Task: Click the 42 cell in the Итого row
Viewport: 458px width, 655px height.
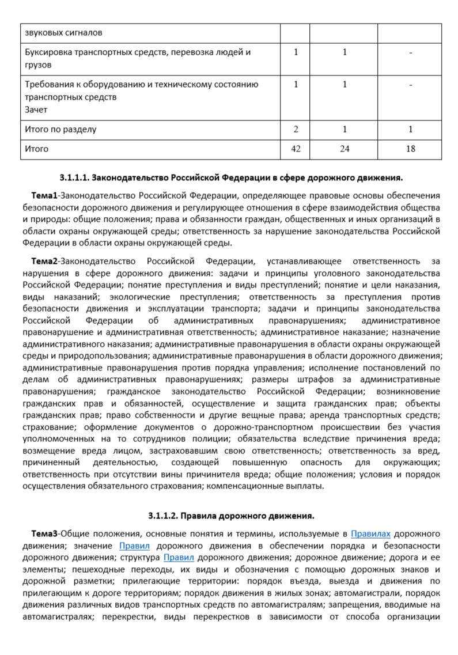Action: [296, 149]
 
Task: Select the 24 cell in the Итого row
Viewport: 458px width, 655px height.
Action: [345, 149]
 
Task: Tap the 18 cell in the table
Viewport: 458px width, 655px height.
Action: [410, 149]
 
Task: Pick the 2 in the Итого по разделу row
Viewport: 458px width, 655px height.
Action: [296, 130]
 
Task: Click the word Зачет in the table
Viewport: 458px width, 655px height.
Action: [36, 109]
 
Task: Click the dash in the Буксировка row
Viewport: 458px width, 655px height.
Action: [410, 53]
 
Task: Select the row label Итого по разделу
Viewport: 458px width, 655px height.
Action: [60, 130]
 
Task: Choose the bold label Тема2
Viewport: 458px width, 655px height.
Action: [46, 260]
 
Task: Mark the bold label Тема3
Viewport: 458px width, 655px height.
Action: [46, 534]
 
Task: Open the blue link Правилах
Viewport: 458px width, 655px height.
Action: [370, 534]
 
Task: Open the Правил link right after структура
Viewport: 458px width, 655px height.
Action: [179, 557]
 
